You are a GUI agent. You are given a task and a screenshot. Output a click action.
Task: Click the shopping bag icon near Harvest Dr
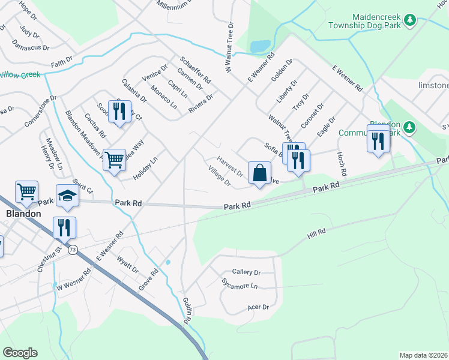259,173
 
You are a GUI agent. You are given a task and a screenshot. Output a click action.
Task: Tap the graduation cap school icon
67,196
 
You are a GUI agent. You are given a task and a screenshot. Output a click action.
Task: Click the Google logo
20,353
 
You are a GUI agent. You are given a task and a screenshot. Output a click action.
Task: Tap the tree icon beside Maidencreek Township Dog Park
410,20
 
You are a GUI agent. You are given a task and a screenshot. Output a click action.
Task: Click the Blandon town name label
23,214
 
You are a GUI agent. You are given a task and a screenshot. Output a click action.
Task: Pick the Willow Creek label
19,75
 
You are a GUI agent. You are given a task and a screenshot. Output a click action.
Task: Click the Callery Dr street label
246,272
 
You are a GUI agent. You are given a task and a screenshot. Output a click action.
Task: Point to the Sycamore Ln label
238,284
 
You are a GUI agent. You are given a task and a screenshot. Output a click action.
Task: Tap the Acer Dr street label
258,307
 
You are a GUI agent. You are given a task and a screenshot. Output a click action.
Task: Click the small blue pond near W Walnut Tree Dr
260,46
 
